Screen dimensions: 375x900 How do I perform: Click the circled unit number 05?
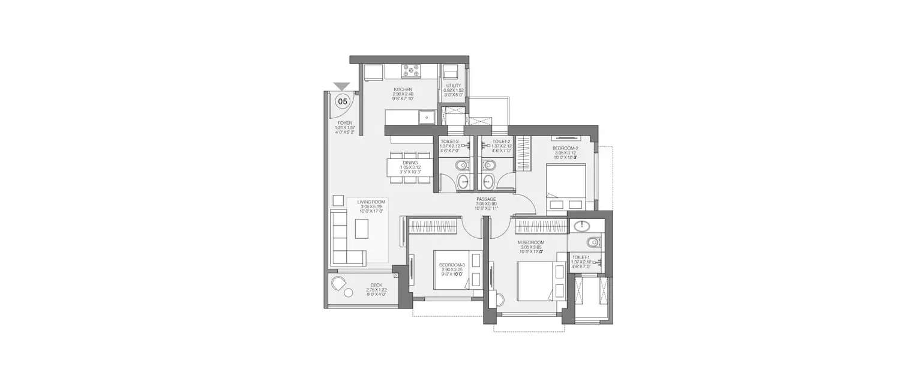(x=343, y=101)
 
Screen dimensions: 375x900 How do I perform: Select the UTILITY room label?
(x=453, y=86)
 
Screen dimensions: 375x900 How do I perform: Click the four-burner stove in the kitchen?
(x=412, y=71)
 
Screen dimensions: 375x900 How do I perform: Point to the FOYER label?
(x=344, y=122)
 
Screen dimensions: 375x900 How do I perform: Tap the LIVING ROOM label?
(x=371, y=202)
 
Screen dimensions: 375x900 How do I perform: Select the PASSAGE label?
(x=485, y=199)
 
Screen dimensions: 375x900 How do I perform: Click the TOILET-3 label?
(x=449, y=142)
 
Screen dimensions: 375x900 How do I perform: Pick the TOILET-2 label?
(x=502, y=142)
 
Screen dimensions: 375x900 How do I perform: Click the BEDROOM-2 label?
(x=565, y=148)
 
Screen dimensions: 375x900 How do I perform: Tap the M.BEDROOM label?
(x=531, y=242)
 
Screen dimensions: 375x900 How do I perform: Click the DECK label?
(x=376, y=286)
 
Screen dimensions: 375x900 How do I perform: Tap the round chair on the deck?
(x=340, y=287)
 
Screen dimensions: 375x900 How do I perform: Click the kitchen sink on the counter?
(x=427, y=117)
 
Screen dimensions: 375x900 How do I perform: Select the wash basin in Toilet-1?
(x=581, y=226)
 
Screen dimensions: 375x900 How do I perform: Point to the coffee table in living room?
(x=362, y=229)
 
